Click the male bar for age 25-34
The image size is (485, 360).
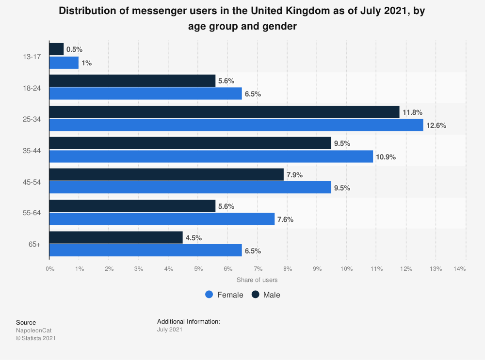(224, 112)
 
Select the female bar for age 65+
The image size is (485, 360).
(145, 250)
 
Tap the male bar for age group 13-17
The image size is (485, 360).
(56, 49)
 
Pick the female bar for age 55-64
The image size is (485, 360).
(162, 219)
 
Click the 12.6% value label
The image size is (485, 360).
(436, 125)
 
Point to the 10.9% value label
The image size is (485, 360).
(387, 157)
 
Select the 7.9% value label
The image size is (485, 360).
(295, 175)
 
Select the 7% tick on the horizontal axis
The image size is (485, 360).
(258, 268)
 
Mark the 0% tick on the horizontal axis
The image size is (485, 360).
(49, 268)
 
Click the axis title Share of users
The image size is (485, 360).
(257, 280)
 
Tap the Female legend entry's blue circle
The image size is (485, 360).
(210, 295)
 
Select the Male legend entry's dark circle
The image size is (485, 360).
(256, 295)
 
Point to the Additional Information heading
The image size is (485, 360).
(189, 321)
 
